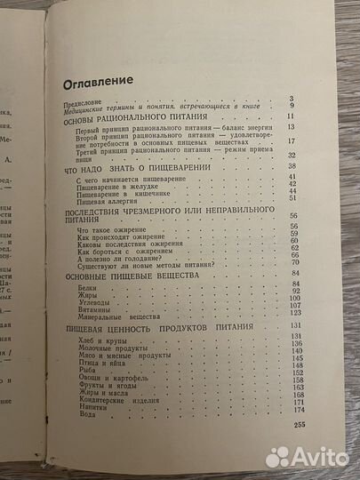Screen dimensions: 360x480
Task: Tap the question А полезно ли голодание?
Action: pos(116,255)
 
